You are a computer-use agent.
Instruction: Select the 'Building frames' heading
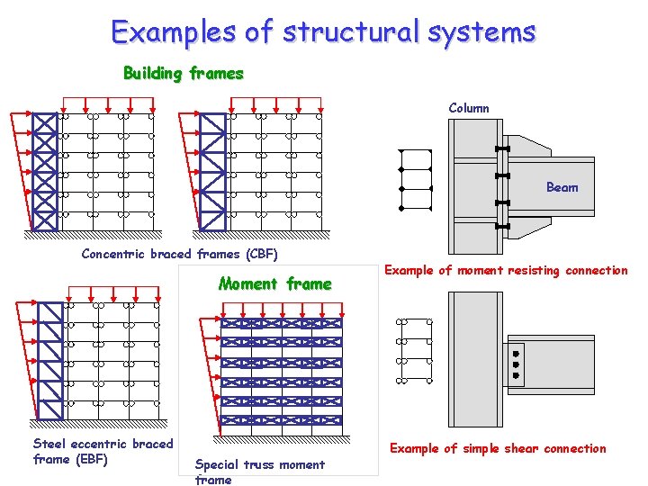tap(184, 73)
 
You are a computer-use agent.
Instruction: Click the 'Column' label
tap(469, 108)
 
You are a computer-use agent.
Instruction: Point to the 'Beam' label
tap(562, 187)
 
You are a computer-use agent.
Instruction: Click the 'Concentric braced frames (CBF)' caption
tap(179, 254)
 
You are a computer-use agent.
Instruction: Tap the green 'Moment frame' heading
tap(274, 284)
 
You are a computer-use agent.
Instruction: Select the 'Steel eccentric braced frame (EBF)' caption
tap(103, 451)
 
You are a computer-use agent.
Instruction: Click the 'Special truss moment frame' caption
tap(259, 472)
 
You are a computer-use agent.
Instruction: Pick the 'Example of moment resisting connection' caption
tap(506, 270)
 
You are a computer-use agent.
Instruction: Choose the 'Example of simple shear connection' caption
tap(498, 448)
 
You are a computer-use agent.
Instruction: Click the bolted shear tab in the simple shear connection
tap(516, 364)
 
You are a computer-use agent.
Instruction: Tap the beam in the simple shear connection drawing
tap(558, 364)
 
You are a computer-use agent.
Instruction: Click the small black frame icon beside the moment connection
tap(415, 179)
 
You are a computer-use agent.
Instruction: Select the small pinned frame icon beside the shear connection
tap(415, 351)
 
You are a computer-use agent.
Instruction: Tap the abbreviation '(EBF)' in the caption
tap(92, 459)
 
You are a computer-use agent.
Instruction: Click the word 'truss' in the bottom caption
tap(261, 464)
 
